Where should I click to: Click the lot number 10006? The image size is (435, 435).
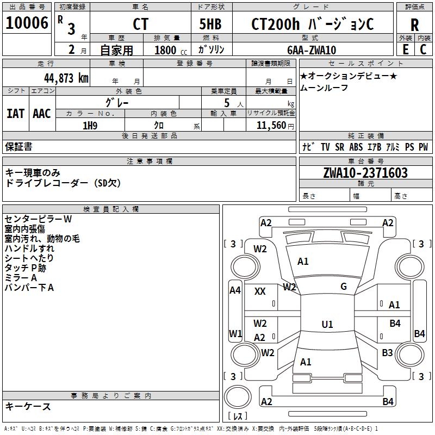coord(27,24)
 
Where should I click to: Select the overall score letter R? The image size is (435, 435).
coord(414,25)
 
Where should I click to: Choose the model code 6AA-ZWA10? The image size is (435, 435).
coord(312,50)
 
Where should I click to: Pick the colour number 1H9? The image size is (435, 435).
coord(90,126)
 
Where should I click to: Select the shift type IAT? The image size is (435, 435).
coord(15,114)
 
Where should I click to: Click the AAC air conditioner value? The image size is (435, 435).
coord(41,114)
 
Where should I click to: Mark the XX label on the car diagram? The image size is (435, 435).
coord(260,291)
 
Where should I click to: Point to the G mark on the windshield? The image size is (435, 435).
coord(344,287)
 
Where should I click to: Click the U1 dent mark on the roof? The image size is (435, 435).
coord(327,325)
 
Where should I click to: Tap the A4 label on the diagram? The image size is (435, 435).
coord(235,290)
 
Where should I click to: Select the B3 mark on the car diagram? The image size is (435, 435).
coord(387,353)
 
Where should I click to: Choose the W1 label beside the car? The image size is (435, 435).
coord(235,333)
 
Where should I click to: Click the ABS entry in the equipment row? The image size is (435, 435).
coord(356,147)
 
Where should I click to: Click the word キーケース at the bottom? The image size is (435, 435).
coord(28,407)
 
